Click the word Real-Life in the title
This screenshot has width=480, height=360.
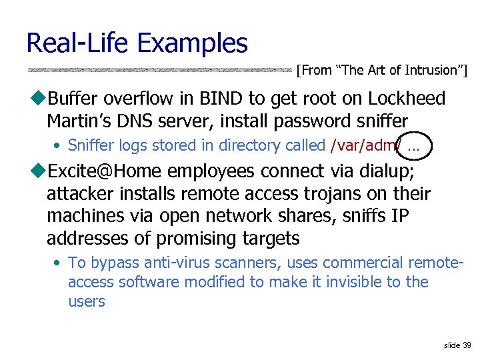(78, 44)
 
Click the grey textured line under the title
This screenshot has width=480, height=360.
(160, 69)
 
